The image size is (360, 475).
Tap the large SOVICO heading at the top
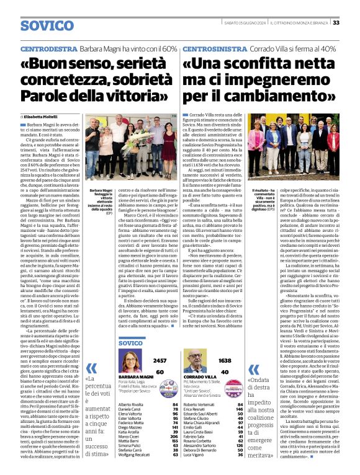tap(47, 25)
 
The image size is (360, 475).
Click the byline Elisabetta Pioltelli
tap(45, 116)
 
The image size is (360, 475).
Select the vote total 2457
tap(160, 360)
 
